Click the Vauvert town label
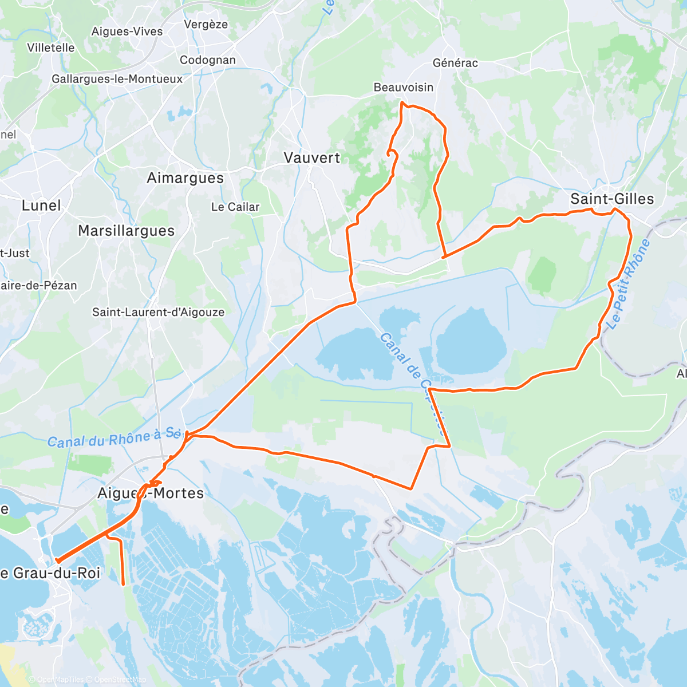point(312,158)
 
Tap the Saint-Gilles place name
point(612,199)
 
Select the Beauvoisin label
point(403,88)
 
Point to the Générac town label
point(455,63)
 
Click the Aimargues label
point(185,178)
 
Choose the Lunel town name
point(41,206)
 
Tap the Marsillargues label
point(126,231)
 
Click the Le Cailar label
point(235,207)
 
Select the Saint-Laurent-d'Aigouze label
point(158,313)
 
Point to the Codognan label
point(207,61)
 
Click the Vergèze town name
point(206,25)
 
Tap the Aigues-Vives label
point(127,31)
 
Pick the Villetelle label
point(51,48)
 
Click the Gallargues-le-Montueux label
point(117,79)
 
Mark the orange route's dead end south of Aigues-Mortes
point(124,584)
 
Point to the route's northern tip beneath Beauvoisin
point(402,102)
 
